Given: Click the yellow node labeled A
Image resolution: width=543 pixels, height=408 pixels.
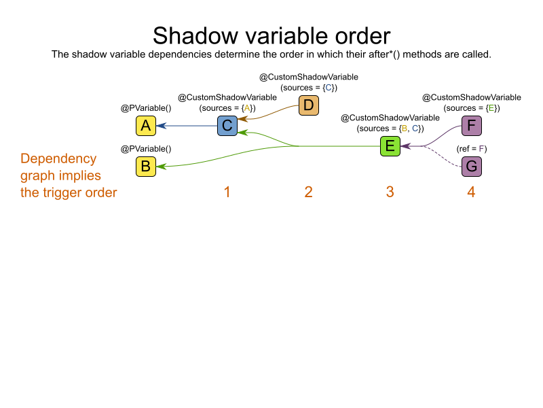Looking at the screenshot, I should (x=145, y=126).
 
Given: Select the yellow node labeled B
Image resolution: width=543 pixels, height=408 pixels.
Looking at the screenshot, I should (x=145, y=166).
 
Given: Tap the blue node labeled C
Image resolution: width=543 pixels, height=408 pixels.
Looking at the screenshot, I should (x=227, y=126).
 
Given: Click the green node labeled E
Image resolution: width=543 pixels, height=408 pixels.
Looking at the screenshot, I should (x=390, y=146).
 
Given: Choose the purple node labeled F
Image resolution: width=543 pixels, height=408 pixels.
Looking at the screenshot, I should (x=471, y=126).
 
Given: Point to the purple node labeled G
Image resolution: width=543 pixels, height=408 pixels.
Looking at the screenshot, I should (x=471, y=166).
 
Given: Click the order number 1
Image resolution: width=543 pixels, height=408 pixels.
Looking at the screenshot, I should (x=227, y=192).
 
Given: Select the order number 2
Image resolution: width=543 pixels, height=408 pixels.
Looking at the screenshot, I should (x=308, y=192).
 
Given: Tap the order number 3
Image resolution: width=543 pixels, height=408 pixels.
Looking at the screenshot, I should (x=390, y=192).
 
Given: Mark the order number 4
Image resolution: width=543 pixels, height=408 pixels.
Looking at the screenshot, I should (x=471, y=192).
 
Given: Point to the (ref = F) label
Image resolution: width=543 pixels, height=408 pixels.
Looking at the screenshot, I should (x=471, y=148).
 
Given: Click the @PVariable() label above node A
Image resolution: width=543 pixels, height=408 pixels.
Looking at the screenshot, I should (x=145, y=108).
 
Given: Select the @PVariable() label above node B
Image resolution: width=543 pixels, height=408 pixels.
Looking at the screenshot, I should (x=145, y=148).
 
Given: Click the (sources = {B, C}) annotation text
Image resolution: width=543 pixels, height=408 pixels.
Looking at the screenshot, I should (x=390, y=129).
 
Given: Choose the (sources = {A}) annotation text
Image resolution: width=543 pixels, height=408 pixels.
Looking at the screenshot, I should (x=227, y=108).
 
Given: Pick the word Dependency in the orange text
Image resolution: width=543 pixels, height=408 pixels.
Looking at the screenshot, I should (x=58, y=159).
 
